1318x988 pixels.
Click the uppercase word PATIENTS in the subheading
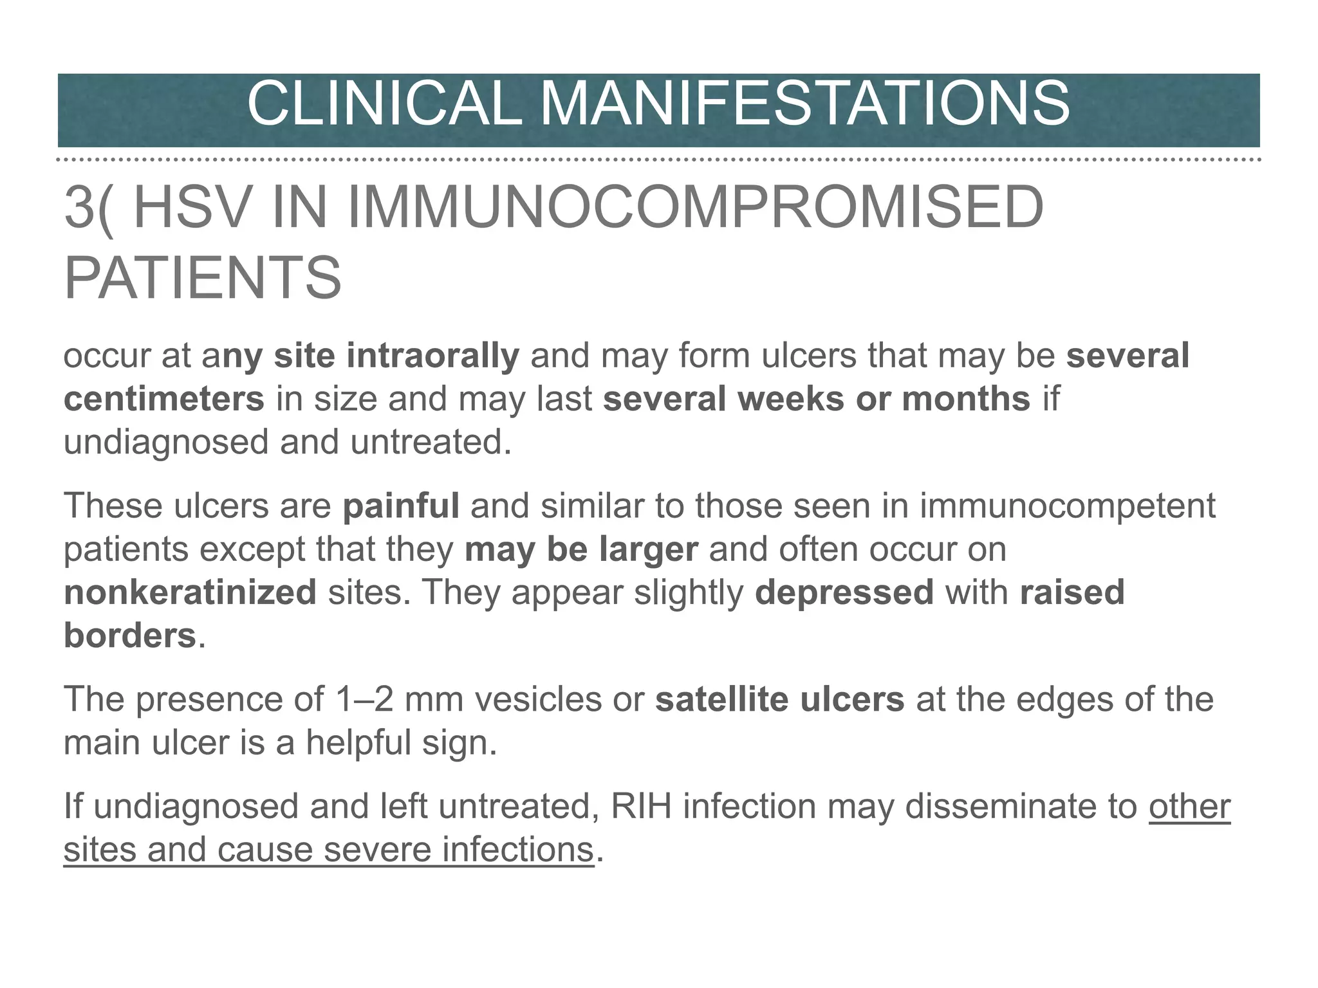[203, 278]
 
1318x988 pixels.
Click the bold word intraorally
[432, 356]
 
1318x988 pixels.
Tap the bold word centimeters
[164, 399]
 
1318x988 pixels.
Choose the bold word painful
[401, 506]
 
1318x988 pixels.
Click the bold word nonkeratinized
[190, 592]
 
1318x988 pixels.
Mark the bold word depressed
[844, 592]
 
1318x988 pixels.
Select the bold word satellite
[721, 699]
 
